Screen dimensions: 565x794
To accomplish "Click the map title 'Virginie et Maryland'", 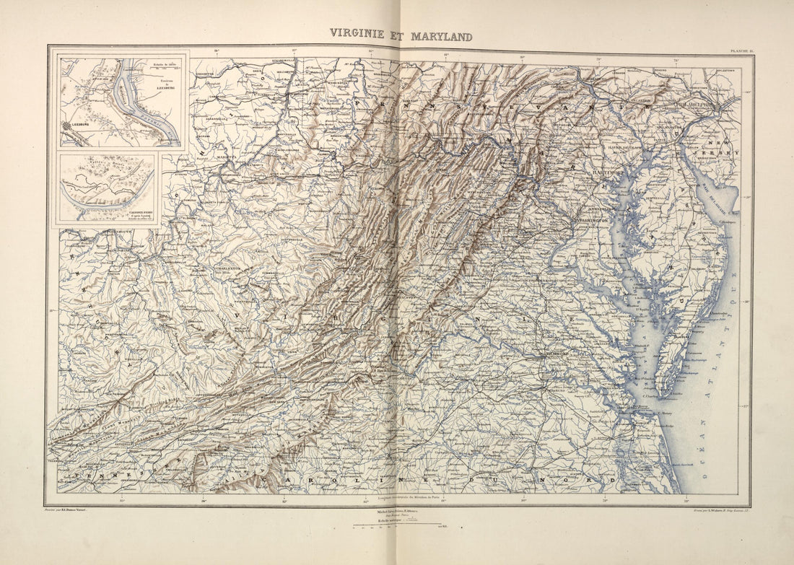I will coord(401,35).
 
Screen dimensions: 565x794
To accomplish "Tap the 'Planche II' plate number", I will coord(741,50).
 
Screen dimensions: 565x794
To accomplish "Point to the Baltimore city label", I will coord(604,174).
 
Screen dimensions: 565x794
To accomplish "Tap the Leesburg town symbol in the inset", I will coord(68,125).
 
